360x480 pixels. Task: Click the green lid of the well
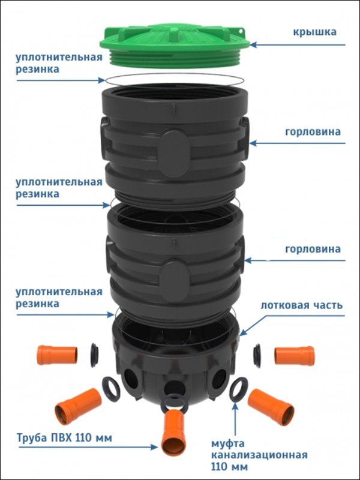175,46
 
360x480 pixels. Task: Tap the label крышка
314,32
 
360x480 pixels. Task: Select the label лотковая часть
302,305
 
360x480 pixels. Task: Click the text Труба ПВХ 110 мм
64,438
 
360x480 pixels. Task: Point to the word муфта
227,444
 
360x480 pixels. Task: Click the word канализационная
259,455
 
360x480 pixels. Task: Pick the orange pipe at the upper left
57,355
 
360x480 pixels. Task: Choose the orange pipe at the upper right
295,356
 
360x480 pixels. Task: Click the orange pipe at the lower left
79,407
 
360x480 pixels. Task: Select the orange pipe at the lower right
271,407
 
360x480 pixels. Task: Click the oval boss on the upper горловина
174,153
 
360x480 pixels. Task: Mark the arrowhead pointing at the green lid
254,45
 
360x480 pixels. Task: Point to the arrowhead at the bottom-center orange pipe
154,447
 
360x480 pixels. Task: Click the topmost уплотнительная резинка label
59,64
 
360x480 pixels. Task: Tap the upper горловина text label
313,132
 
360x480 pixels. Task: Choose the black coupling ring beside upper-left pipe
94,355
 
